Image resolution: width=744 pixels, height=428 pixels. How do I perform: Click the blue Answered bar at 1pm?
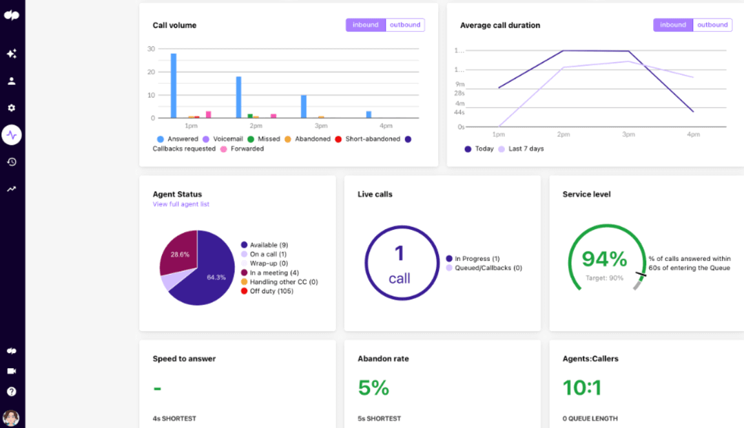[174, 86]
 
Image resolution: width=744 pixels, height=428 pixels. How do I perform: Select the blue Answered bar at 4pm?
[369, 114]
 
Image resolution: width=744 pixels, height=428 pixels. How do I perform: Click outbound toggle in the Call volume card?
[404, 25]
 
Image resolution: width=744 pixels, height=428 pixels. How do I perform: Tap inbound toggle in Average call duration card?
[673, 25]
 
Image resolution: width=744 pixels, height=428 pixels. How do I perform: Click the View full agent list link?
[180, 204]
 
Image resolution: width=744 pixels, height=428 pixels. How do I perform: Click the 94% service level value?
[604, 259]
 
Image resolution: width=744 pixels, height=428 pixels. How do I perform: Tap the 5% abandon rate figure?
[373, 388]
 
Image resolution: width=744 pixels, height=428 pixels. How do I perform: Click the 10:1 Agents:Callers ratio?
[582, 388]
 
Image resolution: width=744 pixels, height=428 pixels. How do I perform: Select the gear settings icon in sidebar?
[12, 108]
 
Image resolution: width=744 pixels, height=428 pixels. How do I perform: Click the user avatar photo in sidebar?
[11, 418]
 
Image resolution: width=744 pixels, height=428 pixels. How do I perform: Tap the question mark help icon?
[12, 392]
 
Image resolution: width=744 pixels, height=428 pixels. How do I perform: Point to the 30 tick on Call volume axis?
[151, 49]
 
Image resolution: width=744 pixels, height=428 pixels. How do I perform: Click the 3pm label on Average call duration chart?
[628, 135]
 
